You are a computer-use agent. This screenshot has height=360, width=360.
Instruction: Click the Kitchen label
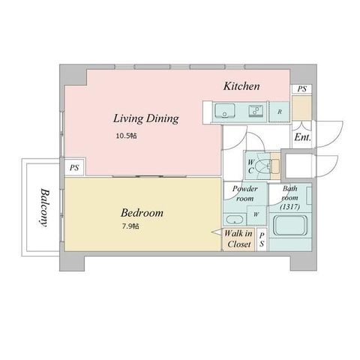tap(241, 86)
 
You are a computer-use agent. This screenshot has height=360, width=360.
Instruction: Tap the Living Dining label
tap(146, 118)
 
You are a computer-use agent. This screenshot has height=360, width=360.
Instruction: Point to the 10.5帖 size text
tap(126, 136)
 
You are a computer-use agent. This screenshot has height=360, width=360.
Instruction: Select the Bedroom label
tap(142, 213)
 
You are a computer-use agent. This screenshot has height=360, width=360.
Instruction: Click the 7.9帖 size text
tap(130, 226)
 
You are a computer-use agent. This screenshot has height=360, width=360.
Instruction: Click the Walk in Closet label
tap(238, 238)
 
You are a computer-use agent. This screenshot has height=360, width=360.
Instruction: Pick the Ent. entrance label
tap(302, 137)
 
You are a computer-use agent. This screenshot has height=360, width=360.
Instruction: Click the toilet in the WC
tap(265, 166)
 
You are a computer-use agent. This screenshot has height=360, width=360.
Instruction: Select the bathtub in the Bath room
tap(290, 225)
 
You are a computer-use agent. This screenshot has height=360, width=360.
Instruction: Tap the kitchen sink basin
tap(225, 111)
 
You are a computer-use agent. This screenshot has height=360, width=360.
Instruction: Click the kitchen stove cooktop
tap(256, 110)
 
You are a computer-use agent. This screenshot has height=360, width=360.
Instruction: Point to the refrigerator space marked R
tap(280, 112)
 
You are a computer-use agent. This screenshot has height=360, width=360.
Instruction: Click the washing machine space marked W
tap(256, 214)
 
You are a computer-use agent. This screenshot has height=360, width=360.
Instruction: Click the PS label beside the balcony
tap(74, 168)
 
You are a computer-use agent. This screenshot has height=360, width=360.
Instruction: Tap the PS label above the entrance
tap(302, 89)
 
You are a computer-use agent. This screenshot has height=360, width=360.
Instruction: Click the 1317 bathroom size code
tap(290, 207)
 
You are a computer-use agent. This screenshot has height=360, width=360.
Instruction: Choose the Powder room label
tap(244, 193)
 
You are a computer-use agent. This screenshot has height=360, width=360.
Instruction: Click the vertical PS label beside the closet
tap(262, 240)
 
